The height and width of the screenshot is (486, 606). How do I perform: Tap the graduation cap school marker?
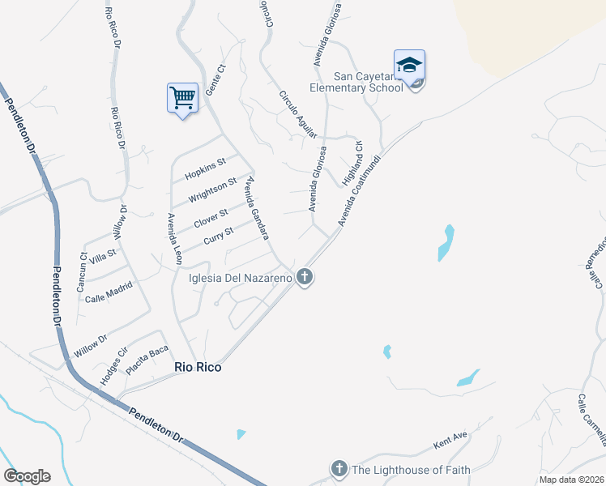(409, 65)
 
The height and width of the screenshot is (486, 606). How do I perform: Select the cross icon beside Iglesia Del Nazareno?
(305, 278)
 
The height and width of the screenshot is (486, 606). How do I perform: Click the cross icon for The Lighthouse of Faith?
(339, 469)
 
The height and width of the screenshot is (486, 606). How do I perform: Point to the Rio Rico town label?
(198, 367)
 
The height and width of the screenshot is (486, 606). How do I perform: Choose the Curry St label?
(219, 236)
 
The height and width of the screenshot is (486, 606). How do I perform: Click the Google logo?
(27, 476)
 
